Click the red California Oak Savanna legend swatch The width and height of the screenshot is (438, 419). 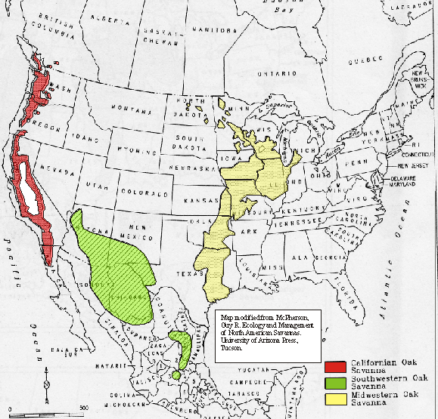(x=335, y=368)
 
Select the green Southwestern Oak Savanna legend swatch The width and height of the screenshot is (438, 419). (x=335, y=382)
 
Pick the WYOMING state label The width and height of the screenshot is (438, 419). (x=129, y=149)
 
